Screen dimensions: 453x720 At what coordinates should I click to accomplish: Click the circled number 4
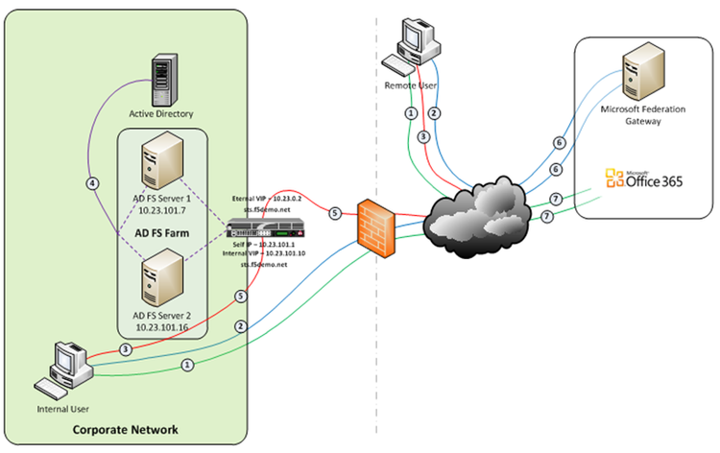pos(92,182)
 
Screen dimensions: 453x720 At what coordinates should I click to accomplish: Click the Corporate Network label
pos(126,427)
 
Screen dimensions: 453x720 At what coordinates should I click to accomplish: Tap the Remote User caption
pos(410,87)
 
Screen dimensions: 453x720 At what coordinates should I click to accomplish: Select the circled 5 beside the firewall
pos(334,212)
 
